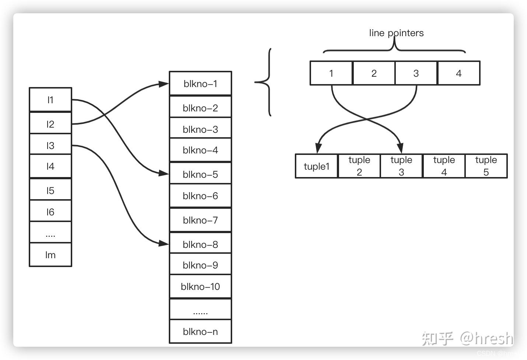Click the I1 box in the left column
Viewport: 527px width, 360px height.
[50, 100]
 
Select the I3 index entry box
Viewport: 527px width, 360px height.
[50, 145]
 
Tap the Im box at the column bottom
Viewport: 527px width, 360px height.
[50, 255]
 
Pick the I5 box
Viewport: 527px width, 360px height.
[50, 190]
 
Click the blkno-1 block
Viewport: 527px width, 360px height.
[200, 84]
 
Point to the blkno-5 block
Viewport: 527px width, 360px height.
[200, 174]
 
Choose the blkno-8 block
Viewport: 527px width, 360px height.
[200, 244]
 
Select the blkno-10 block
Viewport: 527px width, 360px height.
[200, 287]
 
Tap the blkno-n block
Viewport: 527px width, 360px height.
[200, 331]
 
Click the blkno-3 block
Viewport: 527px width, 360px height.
[200, 129]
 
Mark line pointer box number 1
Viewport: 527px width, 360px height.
[331, 73]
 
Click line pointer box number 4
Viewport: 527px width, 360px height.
[458, 73]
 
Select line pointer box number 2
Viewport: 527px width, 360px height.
[374, 73]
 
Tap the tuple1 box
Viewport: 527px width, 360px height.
[316, 166]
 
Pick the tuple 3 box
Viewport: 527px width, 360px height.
[401, 166]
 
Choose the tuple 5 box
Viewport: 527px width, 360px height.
[486, 166]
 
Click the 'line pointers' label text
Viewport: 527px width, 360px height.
[396, 33]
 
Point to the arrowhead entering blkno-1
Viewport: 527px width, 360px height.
[164, 84]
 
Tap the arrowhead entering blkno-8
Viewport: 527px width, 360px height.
[164, 243]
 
